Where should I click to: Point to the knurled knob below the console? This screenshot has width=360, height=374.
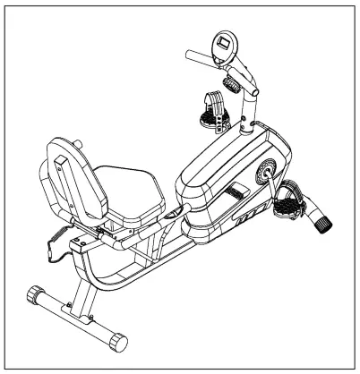point(232,87)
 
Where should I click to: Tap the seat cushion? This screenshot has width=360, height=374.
point(129,188)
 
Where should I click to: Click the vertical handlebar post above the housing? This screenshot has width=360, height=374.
point(245,116)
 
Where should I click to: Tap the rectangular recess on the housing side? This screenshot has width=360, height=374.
point(235,191)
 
